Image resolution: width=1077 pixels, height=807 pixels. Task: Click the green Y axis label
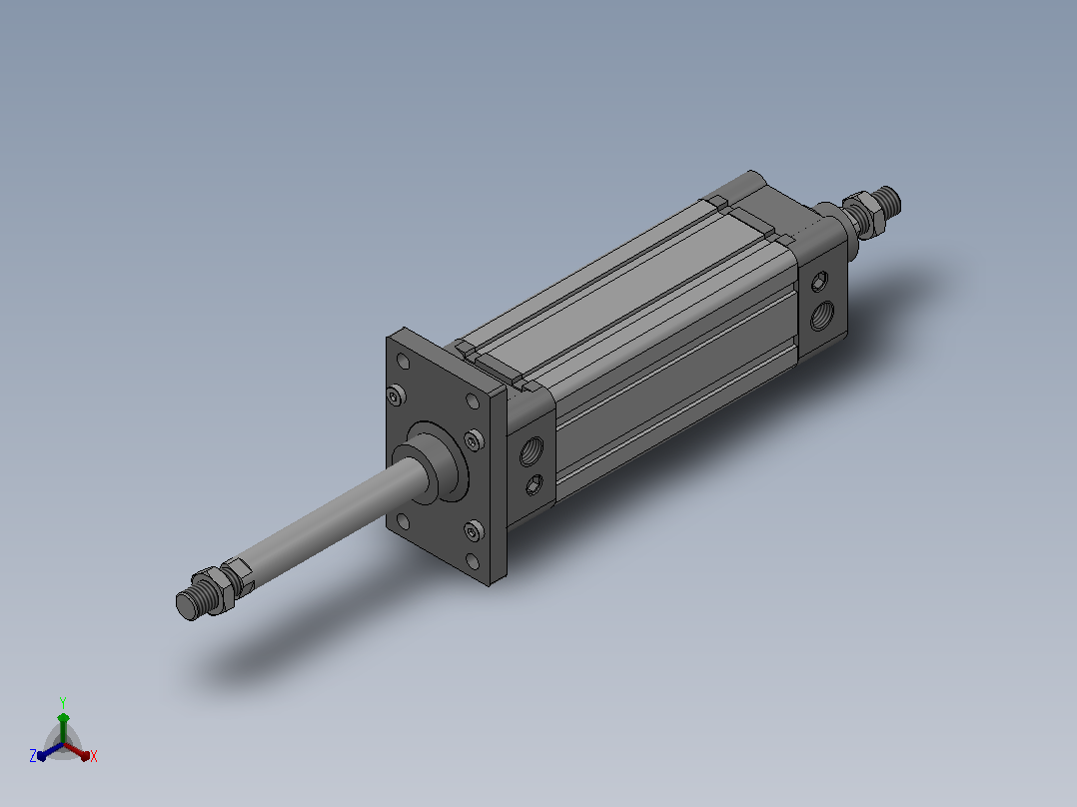[63, 702]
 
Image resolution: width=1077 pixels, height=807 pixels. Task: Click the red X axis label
[94, 756]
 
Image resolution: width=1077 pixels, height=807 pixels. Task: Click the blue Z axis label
[32, 755]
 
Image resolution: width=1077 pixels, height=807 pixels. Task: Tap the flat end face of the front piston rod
[186, 607]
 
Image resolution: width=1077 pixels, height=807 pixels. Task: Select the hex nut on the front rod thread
[220, 589]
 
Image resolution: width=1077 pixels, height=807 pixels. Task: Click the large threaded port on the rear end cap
[821, 316]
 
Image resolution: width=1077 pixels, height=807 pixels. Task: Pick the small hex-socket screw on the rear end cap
[819, 282]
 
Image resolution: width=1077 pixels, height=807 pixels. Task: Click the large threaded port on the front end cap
[531, 451]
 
